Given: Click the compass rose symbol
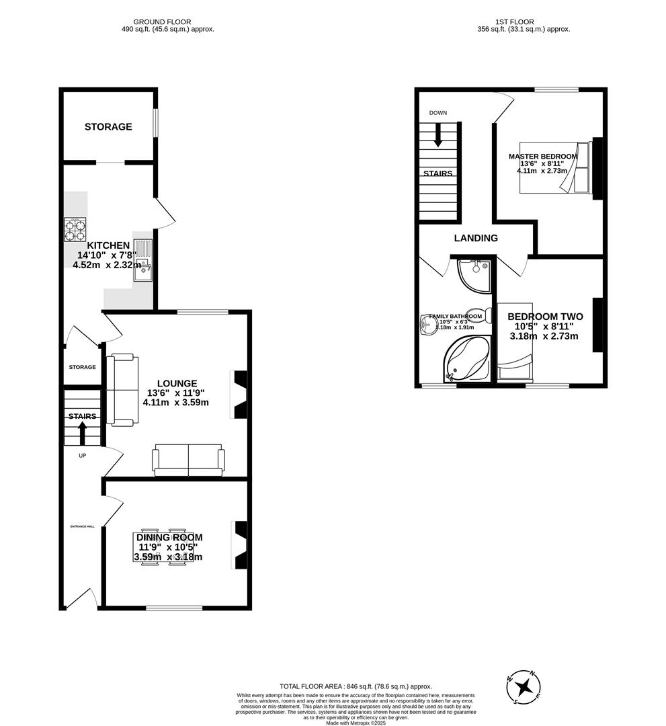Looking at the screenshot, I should point(524,687).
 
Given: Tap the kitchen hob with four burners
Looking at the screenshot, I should point(75,231).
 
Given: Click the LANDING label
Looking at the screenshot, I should point(476,238).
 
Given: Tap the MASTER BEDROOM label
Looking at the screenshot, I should point(542,157).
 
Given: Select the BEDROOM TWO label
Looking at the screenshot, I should point(545,317).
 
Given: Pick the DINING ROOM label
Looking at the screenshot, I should point(169,537).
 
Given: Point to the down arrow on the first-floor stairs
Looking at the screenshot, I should point(438,134).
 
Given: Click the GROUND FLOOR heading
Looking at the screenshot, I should point(162,22).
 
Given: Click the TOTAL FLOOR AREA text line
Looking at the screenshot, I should point(356,686).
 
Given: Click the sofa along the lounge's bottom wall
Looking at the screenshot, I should point(188,460).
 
